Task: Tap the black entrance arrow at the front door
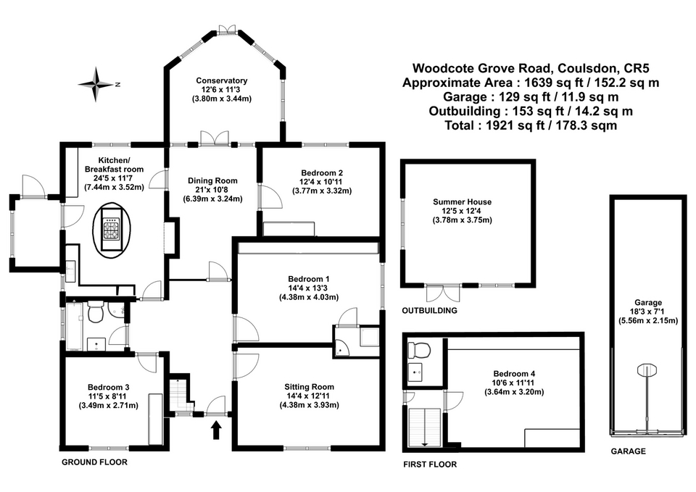[x=215, y=433]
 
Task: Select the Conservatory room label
[x=222, y=80]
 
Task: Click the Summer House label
[x=462, y=201]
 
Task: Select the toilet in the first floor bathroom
[x=419, y=351]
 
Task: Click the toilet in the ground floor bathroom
[x=94, y=314]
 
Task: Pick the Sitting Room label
[x=310, y=386]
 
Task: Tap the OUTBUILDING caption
[x=430, y=310]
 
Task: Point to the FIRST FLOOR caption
[x=431, y=464]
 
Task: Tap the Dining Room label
[x=212, y=180]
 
